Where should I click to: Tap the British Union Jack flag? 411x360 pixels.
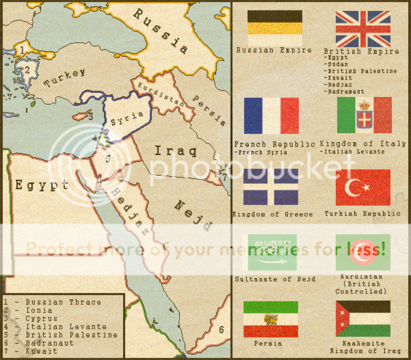tap(362, 29)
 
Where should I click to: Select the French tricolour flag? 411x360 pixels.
tap(271, 115)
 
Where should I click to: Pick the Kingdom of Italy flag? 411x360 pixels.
tap(364, 115)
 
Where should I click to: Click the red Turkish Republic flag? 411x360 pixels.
tap(363, 187)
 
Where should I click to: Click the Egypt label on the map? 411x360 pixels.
tap(42, 185)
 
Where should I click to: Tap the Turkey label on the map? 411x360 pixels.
tap(65, 77)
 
